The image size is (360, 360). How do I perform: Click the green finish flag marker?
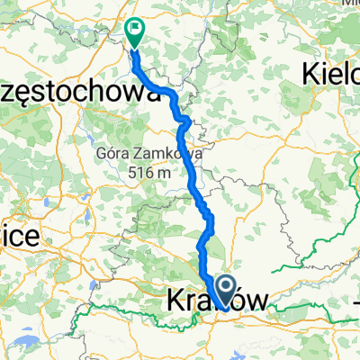[136, 32]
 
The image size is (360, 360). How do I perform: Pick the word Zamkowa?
[171, 154]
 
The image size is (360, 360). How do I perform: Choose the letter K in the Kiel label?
[312, 73]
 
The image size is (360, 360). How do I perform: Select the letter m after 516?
[165, 172]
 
